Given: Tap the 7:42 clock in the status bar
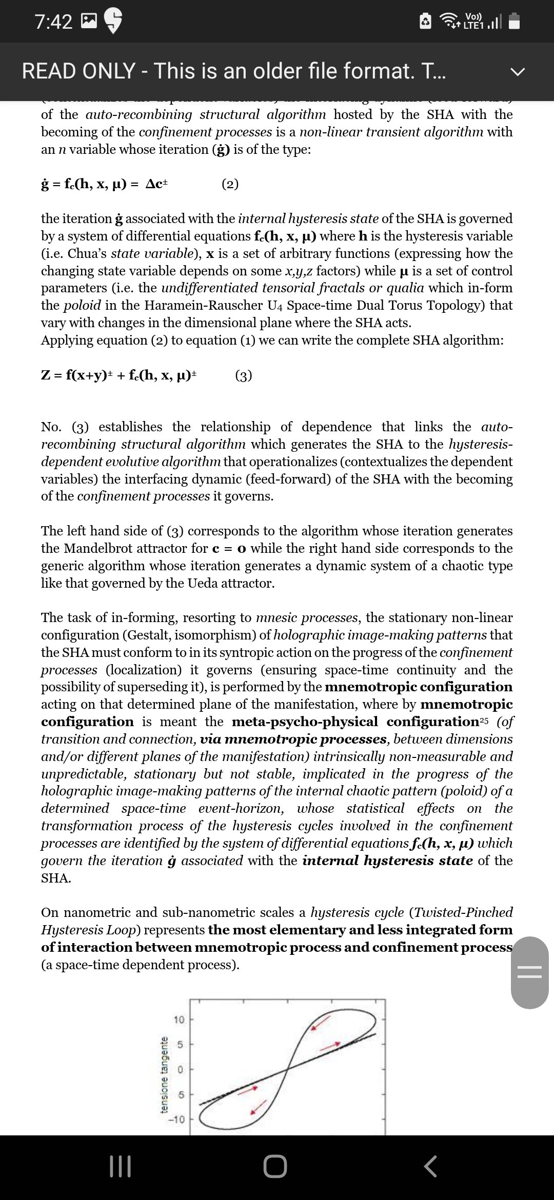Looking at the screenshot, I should [x=53, y=22].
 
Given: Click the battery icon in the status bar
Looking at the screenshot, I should [x=515, y=22].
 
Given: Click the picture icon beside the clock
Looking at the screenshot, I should [x=89, y=21].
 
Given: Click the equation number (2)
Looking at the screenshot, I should [x=230, y=184].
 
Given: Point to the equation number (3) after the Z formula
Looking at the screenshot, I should [x=244, y=376].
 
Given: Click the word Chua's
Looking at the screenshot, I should [x=88, y=254].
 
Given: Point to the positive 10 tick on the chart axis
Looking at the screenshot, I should [x=178, y=1019].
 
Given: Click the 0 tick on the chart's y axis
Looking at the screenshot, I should [x=181, y=1069].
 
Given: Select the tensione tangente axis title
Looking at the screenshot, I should [x=165, y=1074].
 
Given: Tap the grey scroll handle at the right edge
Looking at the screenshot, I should [x=529, y=972].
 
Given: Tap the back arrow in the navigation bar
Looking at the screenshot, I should [x=431, y=1166].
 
